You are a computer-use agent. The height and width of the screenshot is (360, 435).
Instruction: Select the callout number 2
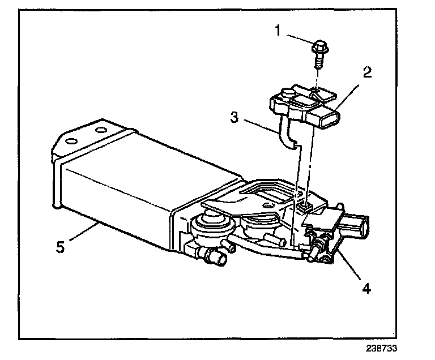(367, 73)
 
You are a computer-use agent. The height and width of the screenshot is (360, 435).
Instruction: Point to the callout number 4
(366, 289)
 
